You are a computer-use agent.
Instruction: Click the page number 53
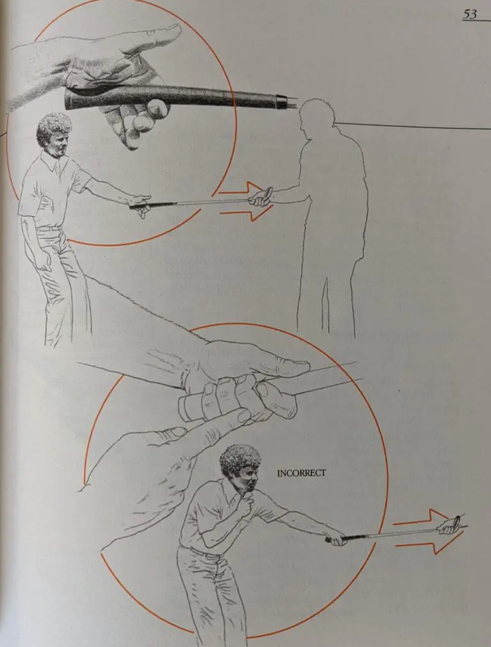pos(470,14)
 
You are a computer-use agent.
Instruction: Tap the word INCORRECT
pos(301,474)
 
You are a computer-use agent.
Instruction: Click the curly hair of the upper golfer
pos(54,129)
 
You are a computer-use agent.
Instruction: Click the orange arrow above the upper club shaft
pos(240,189)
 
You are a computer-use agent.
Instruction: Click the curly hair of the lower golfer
pos(240,458)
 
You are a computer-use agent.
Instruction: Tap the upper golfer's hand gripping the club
pos(141,204)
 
